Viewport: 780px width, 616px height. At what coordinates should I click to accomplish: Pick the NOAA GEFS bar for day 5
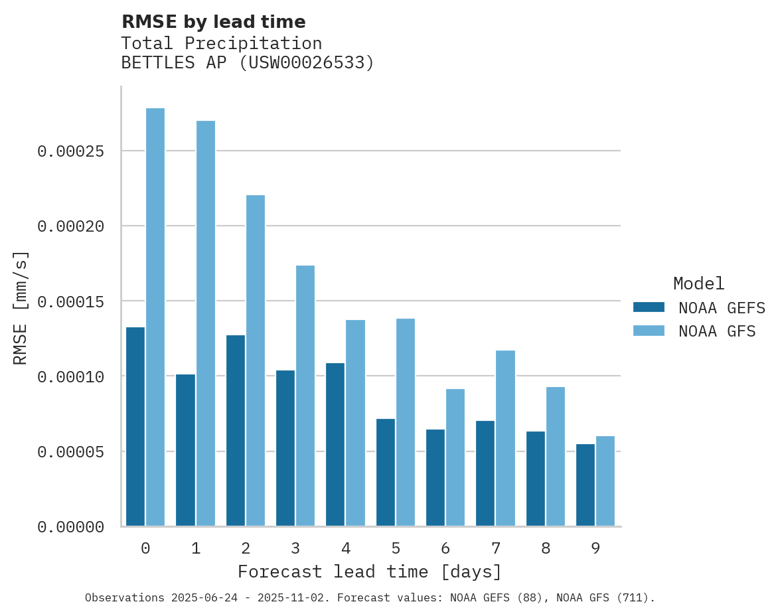386,473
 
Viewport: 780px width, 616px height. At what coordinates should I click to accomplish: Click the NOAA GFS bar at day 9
605,481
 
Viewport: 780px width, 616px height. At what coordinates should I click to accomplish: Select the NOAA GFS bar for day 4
355,423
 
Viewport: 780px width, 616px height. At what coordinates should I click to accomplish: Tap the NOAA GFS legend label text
717,331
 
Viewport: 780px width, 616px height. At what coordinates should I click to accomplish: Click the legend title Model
698,283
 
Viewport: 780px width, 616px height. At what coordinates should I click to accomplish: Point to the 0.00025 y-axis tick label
71,151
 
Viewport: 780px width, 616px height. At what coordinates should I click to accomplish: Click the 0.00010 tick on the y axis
71,376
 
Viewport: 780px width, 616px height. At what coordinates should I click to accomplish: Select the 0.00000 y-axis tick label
71,527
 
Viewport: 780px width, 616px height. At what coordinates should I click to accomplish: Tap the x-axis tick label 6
445,548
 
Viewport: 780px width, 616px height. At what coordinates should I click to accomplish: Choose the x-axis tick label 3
295,548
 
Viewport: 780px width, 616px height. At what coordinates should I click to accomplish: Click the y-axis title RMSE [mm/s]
21,308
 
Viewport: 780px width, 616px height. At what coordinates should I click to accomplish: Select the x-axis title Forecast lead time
370,572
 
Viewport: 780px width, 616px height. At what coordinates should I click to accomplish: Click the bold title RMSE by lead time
214,22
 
